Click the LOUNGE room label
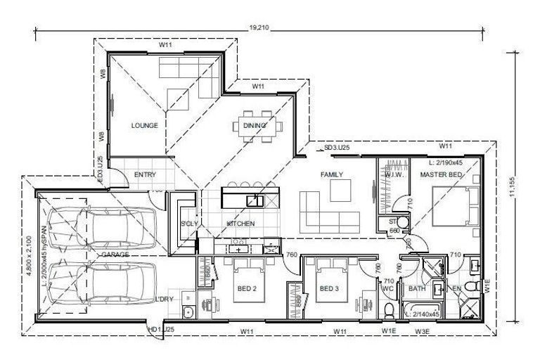coord(144,125)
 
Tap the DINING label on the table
coord(255,126)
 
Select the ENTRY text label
coord(144,174)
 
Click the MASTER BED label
coord(441,174)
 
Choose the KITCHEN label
coord(240,224)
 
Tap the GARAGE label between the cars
coord(115,254)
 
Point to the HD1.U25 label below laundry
coord(161,329)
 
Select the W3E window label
coord(423,330)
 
